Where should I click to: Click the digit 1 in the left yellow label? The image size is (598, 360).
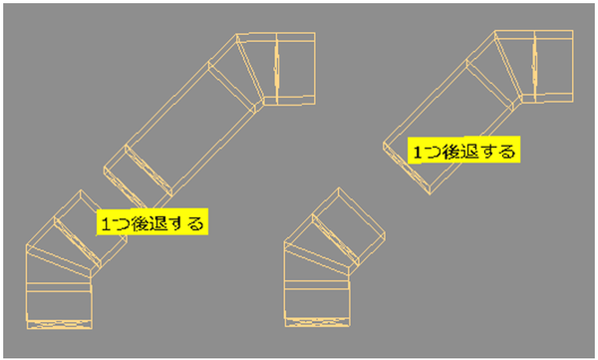click(107, 224)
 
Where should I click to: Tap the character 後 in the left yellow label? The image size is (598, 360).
click(140, 224)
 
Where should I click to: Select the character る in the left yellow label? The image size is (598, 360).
click(195, 224)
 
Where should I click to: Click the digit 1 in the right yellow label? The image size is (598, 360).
click(419, 153)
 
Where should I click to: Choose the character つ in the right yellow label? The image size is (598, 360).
click(433, 153)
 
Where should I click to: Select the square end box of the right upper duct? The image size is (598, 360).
click(553, 67)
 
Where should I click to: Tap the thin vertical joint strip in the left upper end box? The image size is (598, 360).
click(277, 69)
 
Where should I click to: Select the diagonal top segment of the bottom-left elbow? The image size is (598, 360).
click(91, 228)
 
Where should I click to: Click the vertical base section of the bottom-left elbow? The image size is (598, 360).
click(59, 302)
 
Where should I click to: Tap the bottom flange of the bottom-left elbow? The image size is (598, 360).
click(60, 324)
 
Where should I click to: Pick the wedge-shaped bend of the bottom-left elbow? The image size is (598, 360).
click(59, 264)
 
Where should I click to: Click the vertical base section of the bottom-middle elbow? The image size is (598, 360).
click(317, 300)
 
